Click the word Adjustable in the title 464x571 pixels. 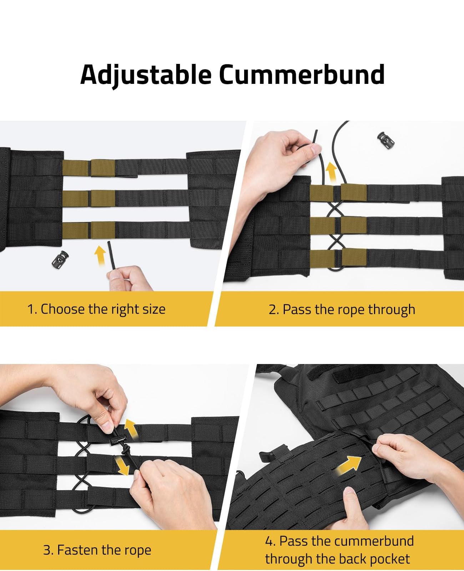click(x=146, y=75)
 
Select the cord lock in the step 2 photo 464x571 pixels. click(x=386, y=140)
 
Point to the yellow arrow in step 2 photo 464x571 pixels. click(x=331, y=172)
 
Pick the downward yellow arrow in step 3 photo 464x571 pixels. click(x=122, y=466)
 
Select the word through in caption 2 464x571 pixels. click(x=392, y=310)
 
